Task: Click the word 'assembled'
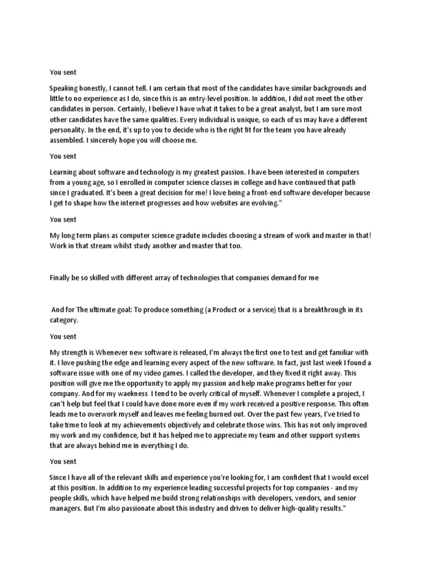[x=68, y=141]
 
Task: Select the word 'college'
[x=236, y=182]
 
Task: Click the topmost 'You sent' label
[x=63, y=72]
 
